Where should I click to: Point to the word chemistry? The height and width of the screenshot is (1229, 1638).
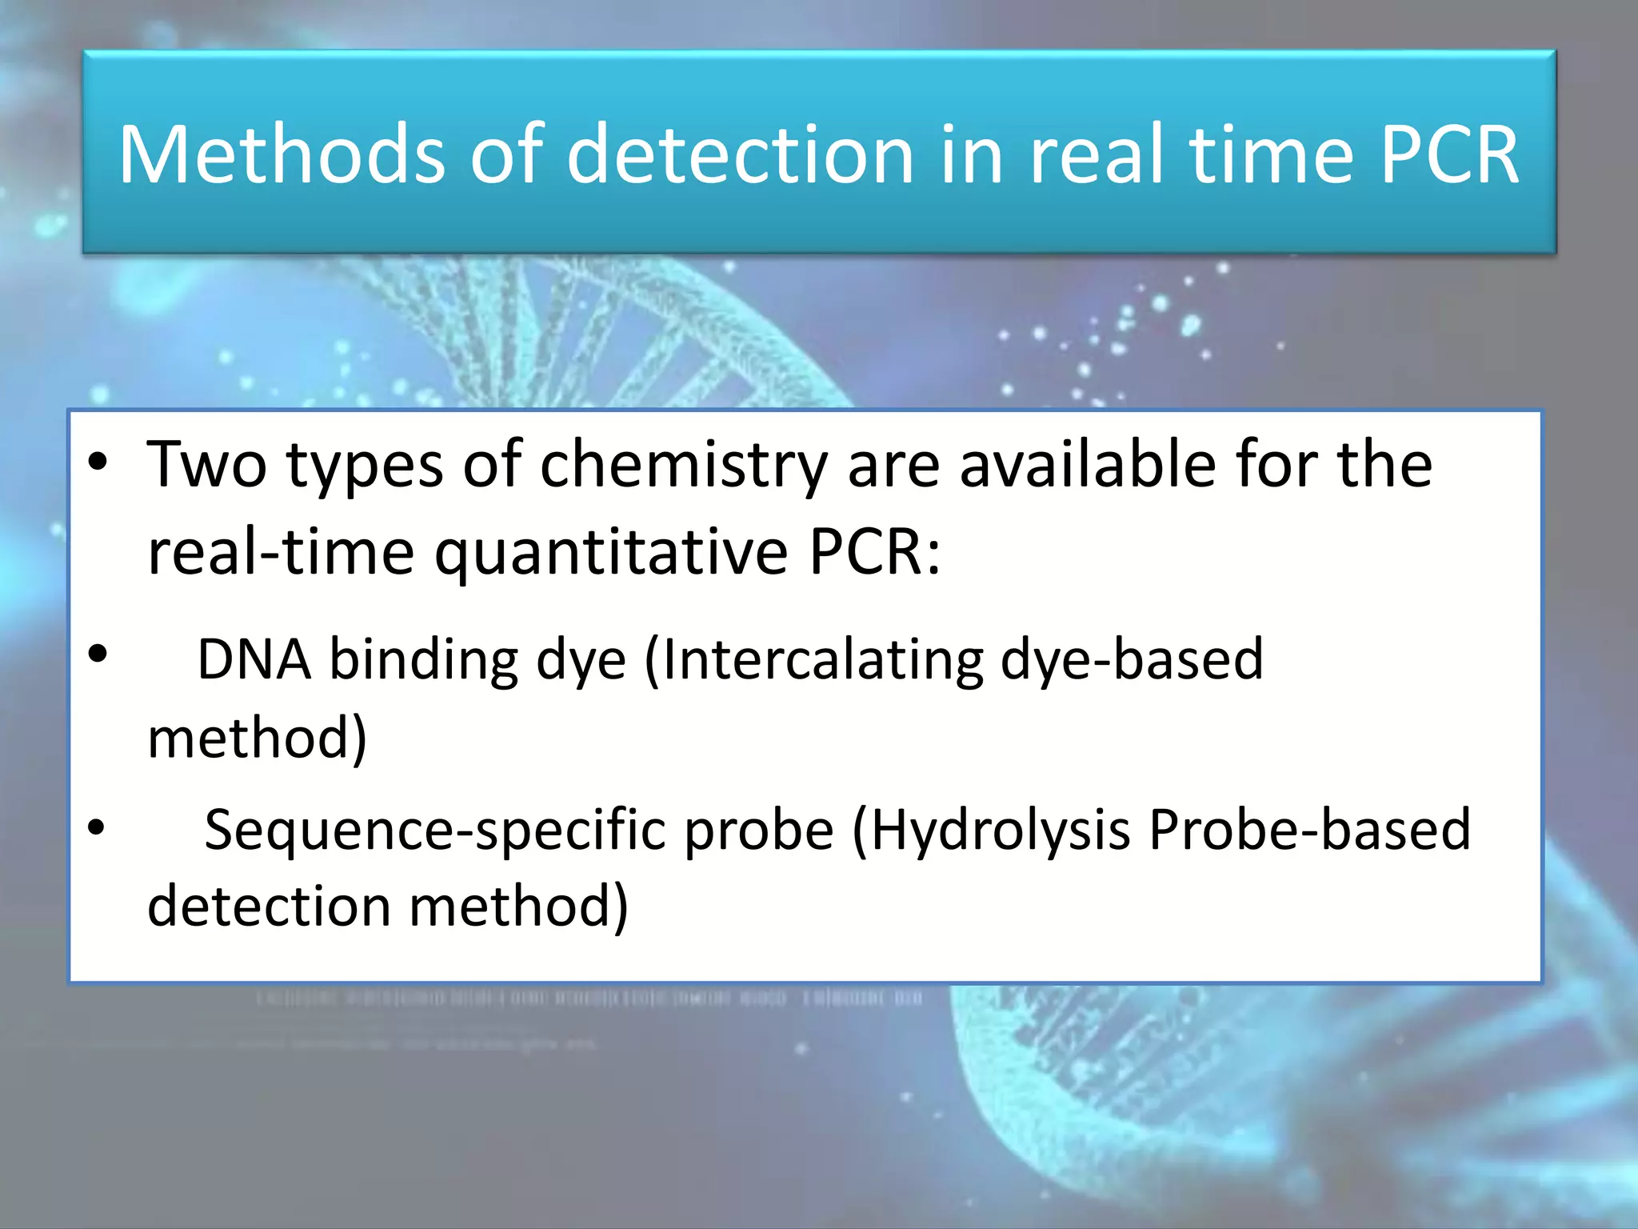pyautogui.click(x=685, y=466)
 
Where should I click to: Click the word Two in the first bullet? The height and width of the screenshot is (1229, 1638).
pyautogui.click(x=207, y=465)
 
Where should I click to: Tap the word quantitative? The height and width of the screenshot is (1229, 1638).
pyautogui.click(x=612, y=554)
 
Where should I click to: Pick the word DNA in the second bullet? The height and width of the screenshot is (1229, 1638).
pyautogui.click(x=254, y=660)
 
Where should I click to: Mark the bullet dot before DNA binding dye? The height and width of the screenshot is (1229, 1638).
pyautogui.click(x=98, y=655)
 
